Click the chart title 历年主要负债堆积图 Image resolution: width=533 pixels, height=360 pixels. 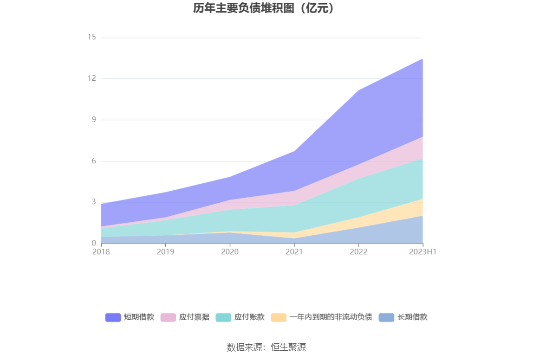pyautogui.click(x=264, y=8)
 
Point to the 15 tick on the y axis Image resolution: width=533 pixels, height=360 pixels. pyautogui.click(x=91, y=37)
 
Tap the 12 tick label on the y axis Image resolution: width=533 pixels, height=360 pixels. pyautogui.click(x=91, y=78)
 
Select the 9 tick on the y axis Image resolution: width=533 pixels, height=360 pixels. pyautogui.click(x=93, y=120)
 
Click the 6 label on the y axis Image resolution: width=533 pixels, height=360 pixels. pyautogui.click(x=93, y=161)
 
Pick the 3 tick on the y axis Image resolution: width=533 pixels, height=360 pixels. pyautogui.click(x=93, y=202)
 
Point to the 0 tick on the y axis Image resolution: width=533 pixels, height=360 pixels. pyautogui.click(x=93, y=243)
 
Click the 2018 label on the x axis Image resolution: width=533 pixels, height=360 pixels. pyautogui.click(x=101, y=252)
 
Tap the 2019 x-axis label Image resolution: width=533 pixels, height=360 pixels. pyautogui.click(x=165, y=252)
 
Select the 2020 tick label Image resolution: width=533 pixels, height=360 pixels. pyautogui.click(x=230, y=252)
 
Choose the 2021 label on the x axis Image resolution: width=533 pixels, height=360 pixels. pyautogui.click(x=294, y=252)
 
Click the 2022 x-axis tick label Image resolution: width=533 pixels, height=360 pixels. pyautogui.click(x=358, y=252)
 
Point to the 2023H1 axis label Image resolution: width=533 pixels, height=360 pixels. pyautogui.click(x=423, y=252)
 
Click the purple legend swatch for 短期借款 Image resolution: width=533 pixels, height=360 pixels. pyautogui.click(x=113, y=317)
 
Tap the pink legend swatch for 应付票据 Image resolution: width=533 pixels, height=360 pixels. pyautogui.click(x=168, y=317)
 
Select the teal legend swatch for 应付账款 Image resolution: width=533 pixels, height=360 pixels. pyautogui.click(x=223, y=317)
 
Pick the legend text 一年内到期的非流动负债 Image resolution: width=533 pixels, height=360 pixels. pyautogui.click(x=331, y=317)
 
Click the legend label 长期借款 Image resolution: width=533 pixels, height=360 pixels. pyautogui.click(x=412, y=317)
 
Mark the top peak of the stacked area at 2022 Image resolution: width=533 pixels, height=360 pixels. pyautogui.click(x=358, y=90)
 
